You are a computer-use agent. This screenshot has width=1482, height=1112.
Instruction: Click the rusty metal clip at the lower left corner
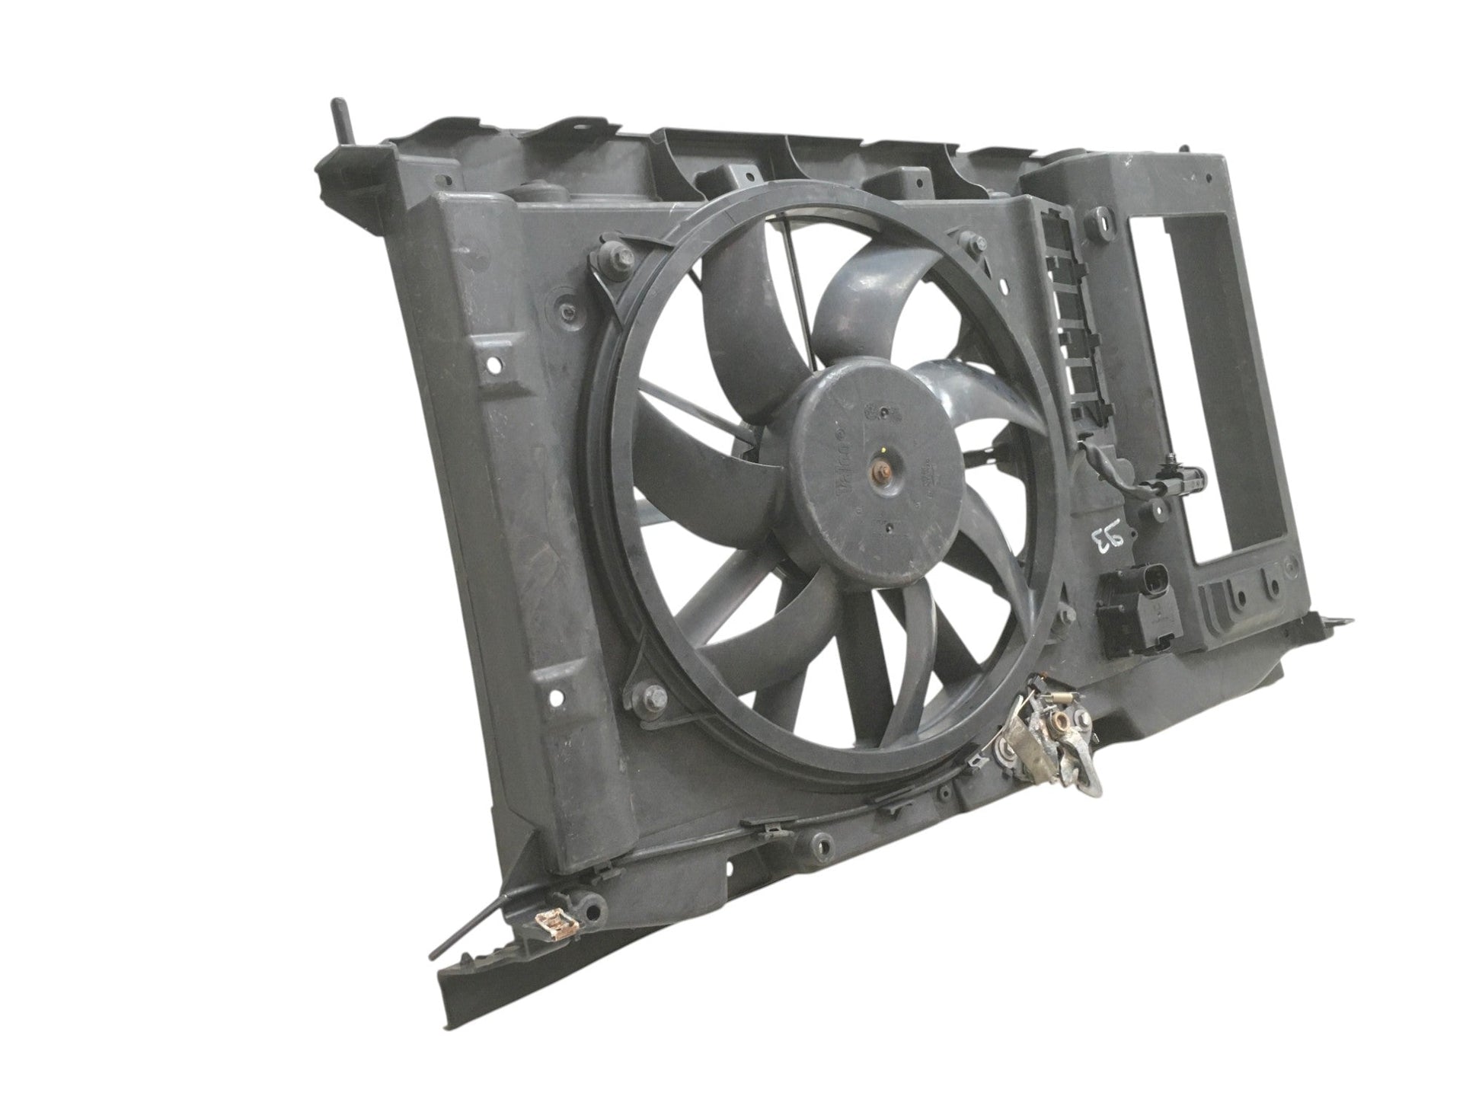(553, 925)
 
